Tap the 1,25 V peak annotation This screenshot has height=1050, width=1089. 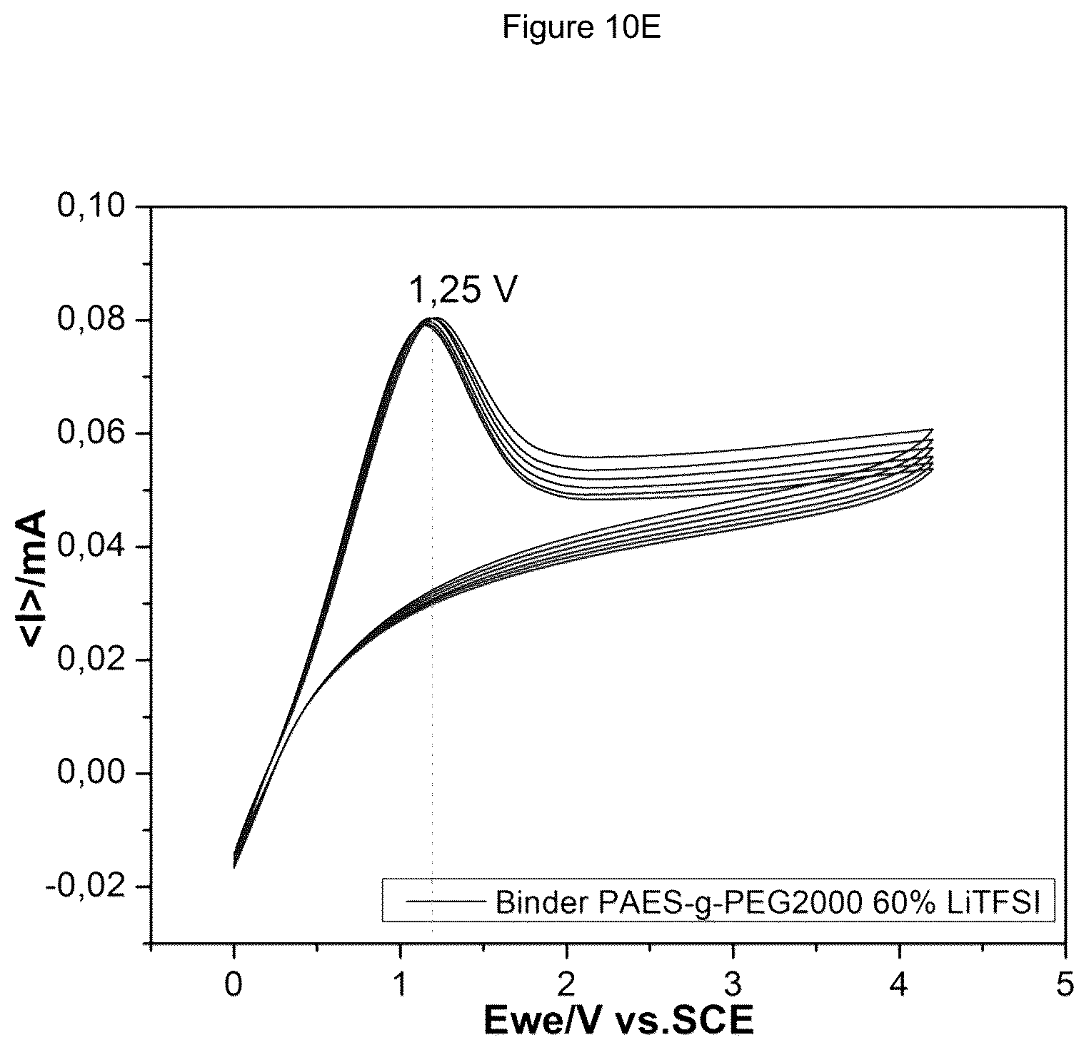pos(462,291)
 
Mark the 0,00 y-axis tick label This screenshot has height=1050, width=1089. pos(94,774)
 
